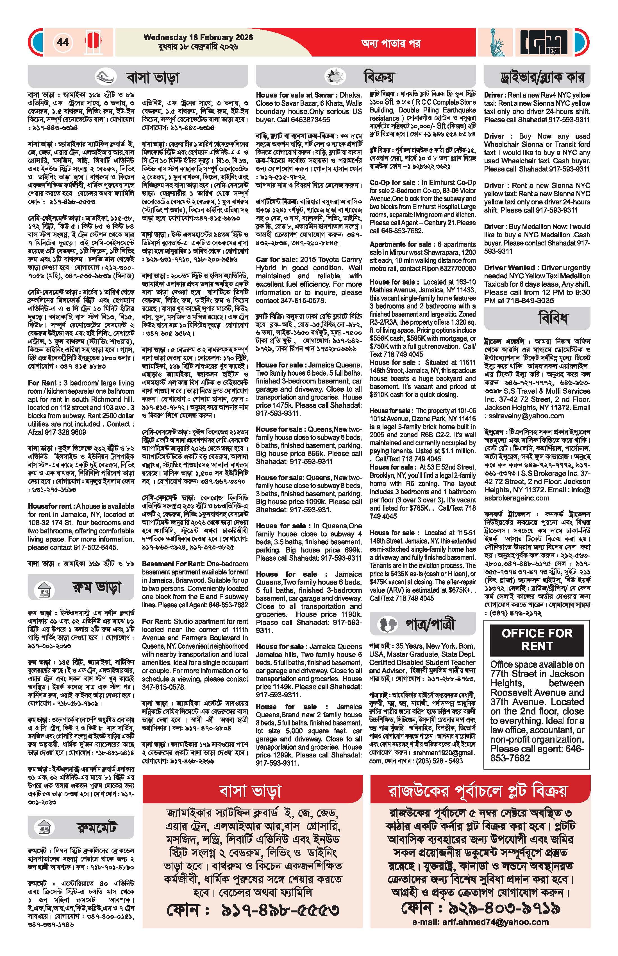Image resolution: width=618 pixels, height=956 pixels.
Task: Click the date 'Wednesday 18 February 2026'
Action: click(x=198, y=37)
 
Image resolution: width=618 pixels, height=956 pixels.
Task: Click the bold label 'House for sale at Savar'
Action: click(x=295, y=95)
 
